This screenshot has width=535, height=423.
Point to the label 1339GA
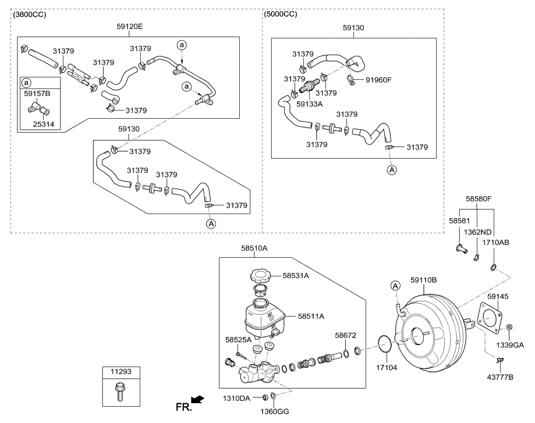510,344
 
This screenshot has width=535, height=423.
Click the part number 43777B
500,378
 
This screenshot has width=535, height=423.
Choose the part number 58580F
479,199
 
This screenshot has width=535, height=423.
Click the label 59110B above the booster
423,280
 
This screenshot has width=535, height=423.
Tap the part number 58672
346,336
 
